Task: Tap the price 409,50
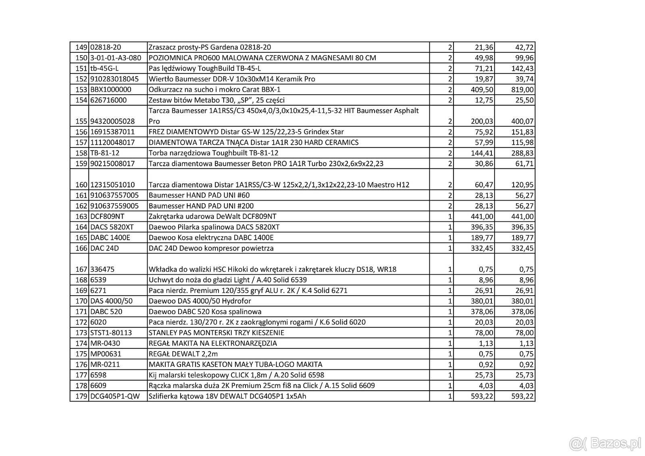point(482,90)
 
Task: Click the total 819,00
point(522,90)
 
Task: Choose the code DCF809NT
point(107,217)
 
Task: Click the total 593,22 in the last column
point(522,396)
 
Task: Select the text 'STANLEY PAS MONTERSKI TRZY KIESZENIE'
point(216,333)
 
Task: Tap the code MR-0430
point(105,343)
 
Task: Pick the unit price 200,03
point(482,121)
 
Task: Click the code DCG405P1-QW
point(115,396)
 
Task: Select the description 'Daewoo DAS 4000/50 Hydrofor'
point(200,301)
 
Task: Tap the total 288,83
point(522,153)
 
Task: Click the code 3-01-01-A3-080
point(116,58)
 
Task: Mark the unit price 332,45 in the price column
point(482,248)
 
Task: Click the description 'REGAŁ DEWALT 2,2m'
point(183,354)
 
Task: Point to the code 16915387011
point(112,131)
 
